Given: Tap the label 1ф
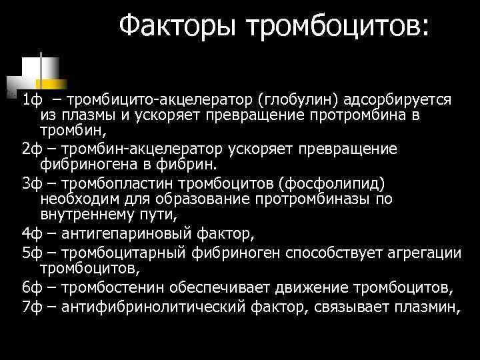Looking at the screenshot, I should pyautogui.click(x=31, y=100).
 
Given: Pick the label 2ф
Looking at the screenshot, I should pyautogui.click(x=31, y=149).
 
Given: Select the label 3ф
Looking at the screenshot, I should pyautogui.click(x=31, y=183).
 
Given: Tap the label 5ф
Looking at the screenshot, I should pyautogui.click(x=31, y=253).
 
